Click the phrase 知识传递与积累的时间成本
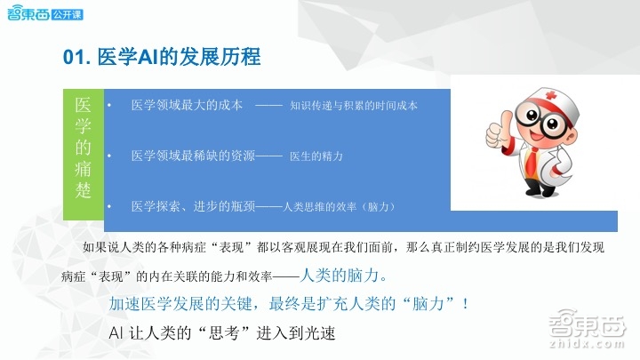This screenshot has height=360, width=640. [354, 105]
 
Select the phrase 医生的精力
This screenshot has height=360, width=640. [316, 156]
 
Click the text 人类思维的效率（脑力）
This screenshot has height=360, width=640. [339, 206]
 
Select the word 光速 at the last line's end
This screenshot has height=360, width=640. [325, 334]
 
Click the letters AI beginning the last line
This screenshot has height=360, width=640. [116, 334]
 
